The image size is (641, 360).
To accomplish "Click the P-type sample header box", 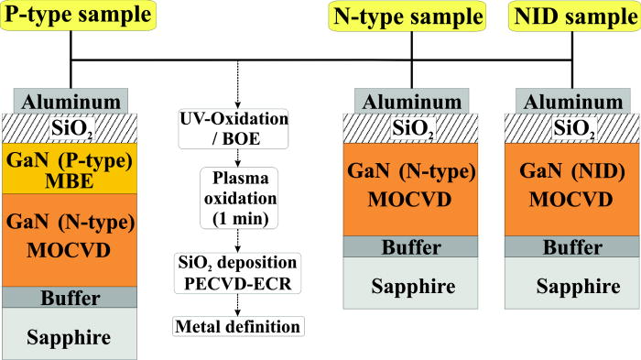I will pos(70,16).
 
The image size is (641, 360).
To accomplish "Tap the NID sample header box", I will pos(572,16).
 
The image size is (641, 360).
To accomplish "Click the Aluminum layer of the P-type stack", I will pos(71,100).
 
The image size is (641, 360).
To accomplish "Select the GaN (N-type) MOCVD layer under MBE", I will pos(71,237).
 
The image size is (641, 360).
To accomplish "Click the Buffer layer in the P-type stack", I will pos(71,297).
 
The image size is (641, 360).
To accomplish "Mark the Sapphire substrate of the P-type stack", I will pos(71,335).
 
